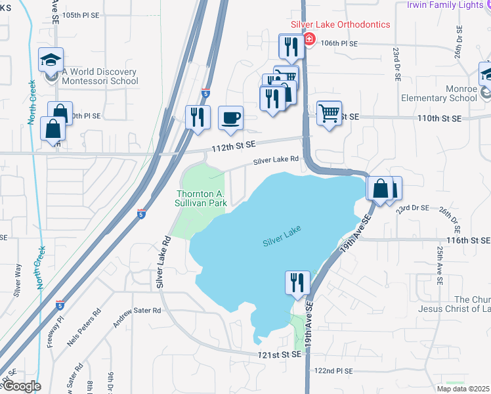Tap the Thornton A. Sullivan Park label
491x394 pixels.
pyautogui.click(x=202, y=198)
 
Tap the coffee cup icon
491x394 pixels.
pyautogui.click(x=230, y=118)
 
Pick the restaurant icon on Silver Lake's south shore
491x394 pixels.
pyautogui.click(x=297, y=282)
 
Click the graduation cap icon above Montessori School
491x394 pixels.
pyautogui.click(x=51, y=60)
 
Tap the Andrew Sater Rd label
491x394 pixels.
pyautogui.click(x=137, y=315)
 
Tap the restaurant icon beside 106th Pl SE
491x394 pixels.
pyautogui.click(x=289, y=46)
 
